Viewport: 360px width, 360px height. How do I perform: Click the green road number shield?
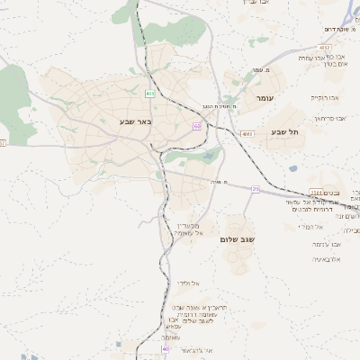(x=150, y=93)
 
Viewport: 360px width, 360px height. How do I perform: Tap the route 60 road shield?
(x=197, y=126)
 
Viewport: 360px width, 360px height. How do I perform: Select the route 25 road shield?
(x=256, y=189)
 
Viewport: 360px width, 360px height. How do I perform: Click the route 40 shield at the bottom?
(x=166, y=348)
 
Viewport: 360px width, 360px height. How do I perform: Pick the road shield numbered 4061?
(x=247, y=134)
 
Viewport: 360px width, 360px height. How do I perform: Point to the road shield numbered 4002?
(x=324, y=47)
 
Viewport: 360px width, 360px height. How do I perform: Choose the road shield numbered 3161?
(x=317, y=192)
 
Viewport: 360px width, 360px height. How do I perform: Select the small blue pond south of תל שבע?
(x=293, y=168)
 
